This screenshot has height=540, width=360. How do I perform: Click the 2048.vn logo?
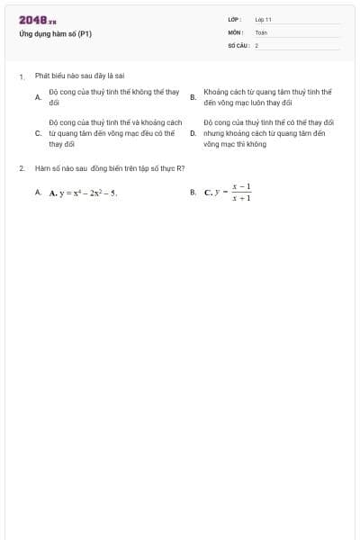(37, 20)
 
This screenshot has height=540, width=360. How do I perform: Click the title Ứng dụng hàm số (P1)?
(55, 34)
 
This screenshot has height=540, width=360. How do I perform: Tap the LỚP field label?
(235, 19)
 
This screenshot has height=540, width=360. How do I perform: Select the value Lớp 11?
(263, 19)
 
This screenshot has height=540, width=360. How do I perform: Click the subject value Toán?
(261, 31)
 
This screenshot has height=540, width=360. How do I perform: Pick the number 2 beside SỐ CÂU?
(256, 44)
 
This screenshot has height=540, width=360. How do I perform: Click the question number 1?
(22, 76)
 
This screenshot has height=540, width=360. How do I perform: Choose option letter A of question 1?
(38, 97)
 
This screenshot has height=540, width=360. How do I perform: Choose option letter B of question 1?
(193, 97)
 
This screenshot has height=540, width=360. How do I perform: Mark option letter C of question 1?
(38, 132)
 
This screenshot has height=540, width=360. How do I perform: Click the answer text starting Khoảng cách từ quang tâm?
(267, 97)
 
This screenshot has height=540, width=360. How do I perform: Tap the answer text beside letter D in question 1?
(268, 132)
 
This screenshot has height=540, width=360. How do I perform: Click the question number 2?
(22, 167)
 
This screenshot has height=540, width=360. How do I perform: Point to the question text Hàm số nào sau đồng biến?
(109, 167)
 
